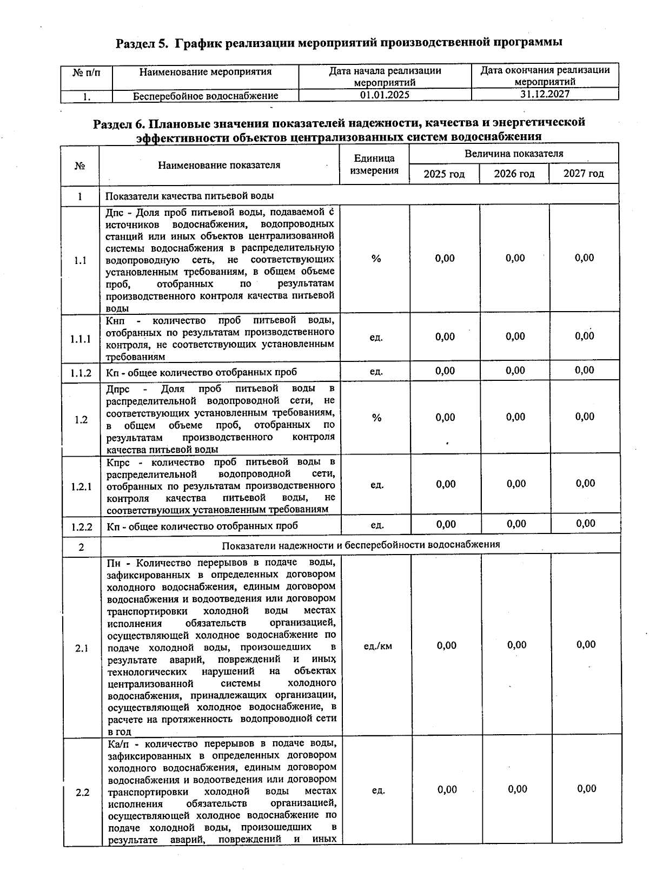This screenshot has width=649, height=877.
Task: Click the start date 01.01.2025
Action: [x=385, y=95]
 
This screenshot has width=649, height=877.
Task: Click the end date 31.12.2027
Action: [x=545, y=94]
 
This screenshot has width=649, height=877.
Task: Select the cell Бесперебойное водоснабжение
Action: [x=206, y=96]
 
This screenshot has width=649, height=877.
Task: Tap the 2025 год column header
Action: [x=444, y=174]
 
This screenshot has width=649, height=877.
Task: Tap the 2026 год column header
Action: [x=514, y=174]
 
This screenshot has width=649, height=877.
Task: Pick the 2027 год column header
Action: [x=584, y=174]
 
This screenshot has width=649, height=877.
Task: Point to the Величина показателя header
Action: [x=514, y=154]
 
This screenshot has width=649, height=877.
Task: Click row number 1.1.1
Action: [x=81, y=340]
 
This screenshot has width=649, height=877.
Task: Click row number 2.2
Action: [x=82, y=793]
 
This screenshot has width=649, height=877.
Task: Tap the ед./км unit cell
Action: [x=378, y=646]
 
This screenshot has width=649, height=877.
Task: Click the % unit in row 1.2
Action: [x=376, y=418]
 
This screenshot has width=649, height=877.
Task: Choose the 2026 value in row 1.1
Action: [x=515, y=259]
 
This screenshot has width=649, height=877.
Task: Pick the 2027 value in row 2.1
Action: [x=586, y=644]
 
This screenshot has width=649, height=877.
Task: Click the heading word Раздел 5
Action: [x=142, y=43]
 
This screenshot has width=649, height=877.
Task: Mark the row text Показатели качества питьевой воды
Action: [x=189, y=195]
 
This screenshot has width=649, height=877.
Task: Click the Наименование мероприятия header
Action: [x=206, y=71]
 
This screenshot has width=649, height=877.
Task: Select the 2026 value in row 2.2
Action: [x=518, y=789]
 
